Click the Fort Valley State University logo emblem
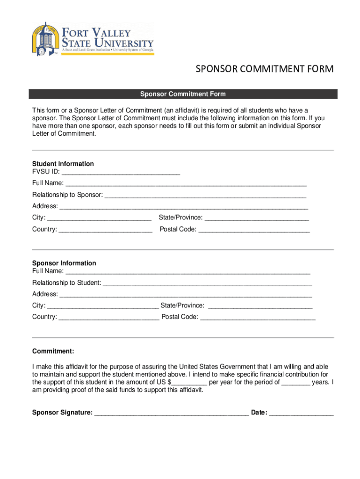tap(46, 39)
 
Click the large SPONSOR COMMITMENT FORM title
tap(264, 69)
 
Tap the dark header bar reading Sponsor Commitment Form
tap(183, 94)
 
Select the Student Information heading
tap(63, 164)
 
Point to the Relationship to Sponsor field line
tap(205, 195)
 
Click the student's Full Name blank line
tap(186, 183)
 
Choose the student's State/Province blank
tap(257, 218)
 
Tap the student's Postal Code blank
tap(254, 230)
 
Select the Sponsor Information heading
tap(64, 263)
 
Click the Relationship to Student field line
tap(207, 283)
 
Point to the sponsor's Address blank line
tap(186, 295)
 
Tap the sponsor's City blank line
tap(103, 306)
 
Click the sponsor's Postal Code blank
tap(258, 318)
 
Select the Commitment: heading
tap(53, 351)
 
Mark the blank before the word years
tap(296, 382)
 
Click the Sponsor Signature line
tap(171, 413)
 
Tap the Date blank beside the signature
tap(302, 413)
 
